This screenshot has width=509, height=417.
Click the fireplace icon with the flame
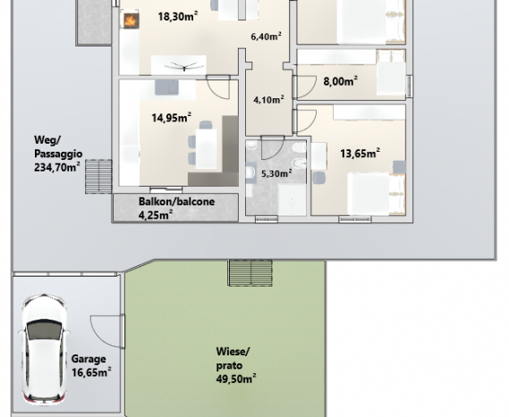point(131,21)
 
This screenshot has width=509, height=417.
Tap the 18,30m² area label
point(178,16)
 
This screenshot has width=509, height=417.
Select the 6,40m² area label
point(266,37)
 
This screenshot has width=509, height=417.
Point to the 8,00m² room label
point(341,81)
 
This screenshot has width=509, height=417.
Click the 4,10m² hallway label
point(268,99)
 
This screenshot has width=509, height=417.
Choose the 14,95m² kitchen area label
point(172,118)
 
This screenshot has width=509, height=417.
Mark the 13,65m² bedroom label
point(360,153)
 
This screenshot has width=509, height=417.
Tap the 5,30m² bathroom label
point(276,173)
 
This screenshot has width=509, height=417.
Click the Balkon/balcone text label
point(176,202)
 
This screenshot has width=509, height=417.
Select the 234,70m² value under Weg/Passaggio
point(57,168)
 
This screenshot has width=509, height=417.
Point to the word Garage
point(89,359)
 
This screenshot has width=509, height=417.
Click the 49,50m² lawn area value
point(236,379)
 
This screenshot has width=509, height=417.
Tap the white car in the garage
point(44,348)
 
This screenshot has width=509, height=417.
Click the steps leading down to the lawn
point(250,273)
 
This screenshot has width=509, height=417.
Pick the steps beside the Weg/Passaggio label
point(98,176)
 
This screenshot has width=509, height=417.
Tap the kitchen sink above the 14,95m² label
point(166,88)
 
